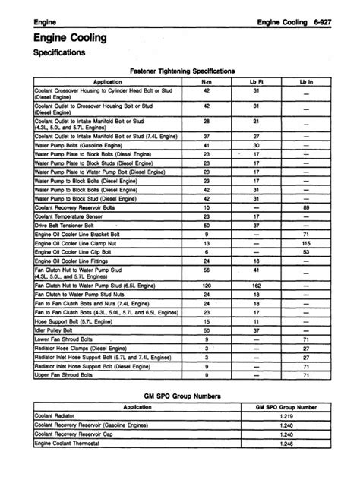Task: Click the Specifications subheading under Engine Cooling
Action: (x=62, y=53)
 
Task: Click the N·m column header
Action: (x=207, y=80)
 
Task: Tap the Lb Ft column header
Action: (x=256, y=80)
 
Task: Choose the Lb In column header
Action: (x=305, y=80)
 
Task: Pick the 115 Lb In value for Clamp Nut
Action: (x=305, y=243)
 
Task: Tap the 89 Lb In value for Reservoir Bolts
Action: (x=305, y=207)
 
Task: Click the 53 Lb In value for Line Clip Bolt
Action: (x=305, y=252)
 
